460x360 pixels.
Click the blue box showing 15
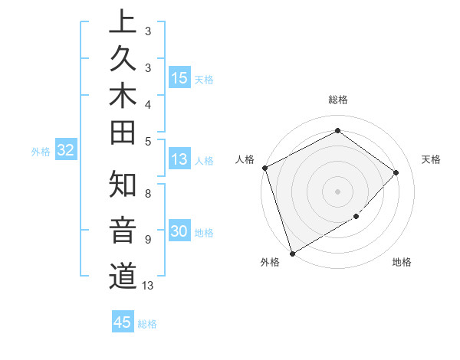coord(179,78)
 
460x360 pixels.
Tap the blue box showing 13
coord(179,159)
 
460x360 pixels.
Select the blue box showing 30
coord(179,232)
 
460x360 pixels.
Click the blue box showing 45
coord(123,322)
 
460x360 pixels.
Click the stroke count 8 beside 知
coord(147,193)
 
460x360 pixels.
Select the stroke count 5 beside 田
coord(147,140)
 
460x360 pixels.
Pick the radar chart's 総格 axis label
coord(337,100)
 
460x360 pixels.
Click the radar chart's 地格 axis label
coord(402,262)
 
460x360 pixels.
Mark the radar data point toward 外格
coord(292,253)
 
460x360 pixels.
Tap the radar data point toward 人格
coord(264,168)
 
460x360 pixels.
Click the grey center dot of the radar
coord(337,191)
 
